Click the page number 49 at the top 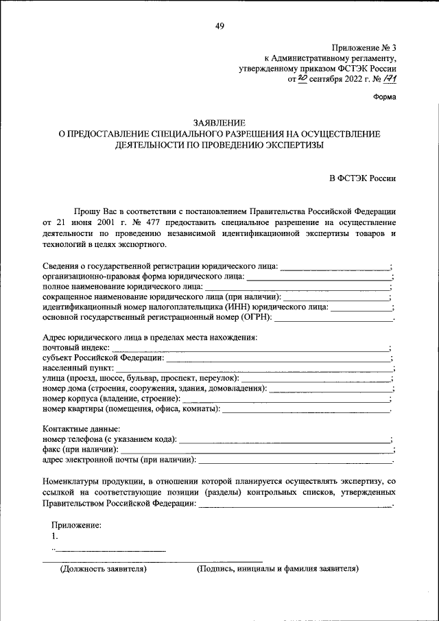219,26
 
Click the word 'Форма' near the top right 384,97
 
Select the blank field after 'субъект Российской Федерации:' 278,358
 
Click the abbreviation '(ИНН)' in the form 236,307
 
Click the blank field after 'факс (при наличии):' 257,449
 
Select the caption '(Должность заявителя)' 104,569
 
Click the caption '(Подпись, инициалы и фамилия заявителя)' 277,569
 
